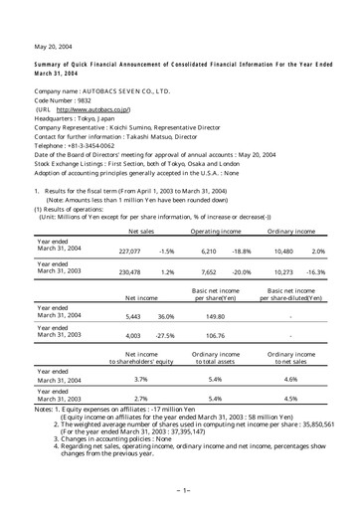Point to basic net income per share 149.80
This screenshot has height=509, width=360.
tap(219, 315)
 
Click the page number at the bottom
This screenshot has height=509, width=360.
tap(180, 490)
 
